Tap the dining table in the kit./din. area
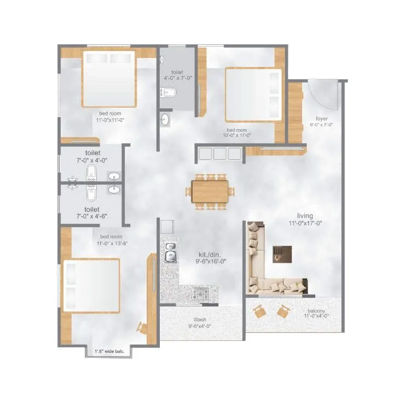pyautogui.click(x=210, y=192)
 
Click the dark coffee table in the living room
pyautogui.click(x=282, y=253)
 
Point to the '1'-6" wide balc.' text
pyautogui.click(x=108, y=351)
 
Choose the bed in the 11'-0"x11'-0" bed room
pyautogui.click(x=109, y=78)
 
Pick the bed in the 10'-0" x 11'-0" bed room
pyautogui.click(x=253, y=95)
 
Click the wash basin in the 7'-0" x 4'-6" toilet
pyautogui.click(x=113, y=190)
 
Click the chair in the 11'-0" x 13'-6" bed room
pyautogui.click(x=142, y=327)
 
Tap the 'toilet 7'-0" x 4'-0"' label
pyautogui.click(x=92, y=157)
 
